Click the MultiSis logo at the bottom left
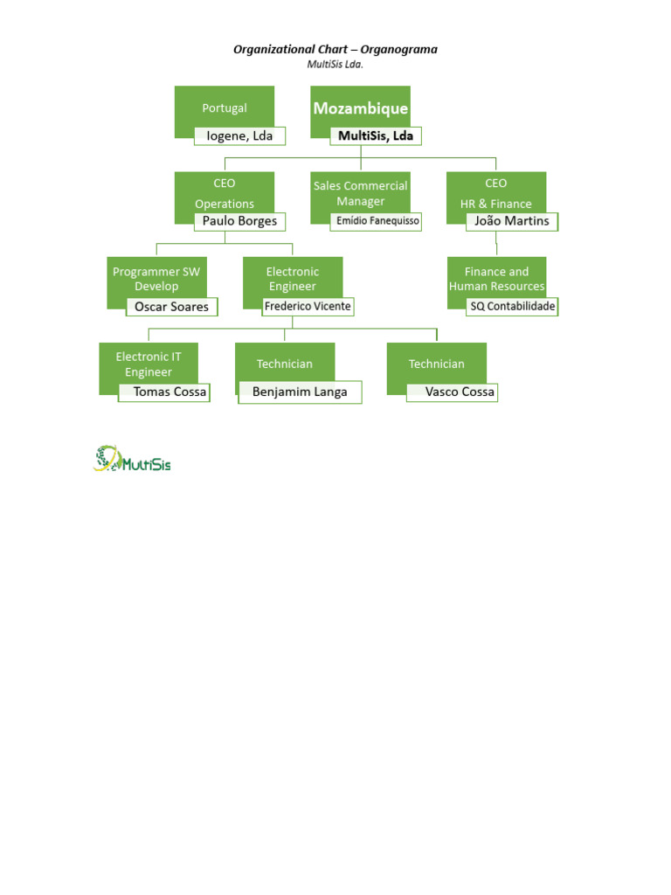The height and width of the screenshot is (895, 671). pyautogui.click(x=132, y=459)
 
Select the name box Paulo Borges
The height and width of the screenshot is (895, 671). pyautogui.click(x=239, y=221)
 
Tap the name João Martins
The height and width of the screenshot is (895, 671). pyautogui.click(x=512, y=221)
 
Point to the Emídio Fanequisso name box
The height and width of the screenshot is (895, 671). pyautogui.click(x=376, y=221)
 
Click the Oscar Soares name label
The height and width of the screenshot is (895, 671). pyautogui.click(x=172, y=307)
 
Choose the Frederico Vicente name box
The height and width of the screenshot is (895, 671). pyautogui.click(x=308, y=307)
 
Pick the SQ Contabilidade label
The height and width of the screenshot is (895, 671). pyautogui.click(x=512, y=307)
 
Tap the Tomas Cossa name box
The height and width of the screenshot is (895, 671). pyautogui.click(x=164, y=392)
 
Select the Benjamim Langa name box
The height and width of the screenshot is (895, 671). pyautogui.click(x=301, y=392)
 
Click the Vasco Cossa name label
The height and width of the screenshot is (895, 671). pyautogui.click(x=452, y=392)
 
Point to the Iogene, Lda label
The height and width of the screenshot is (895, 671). pyautogui.click(x=239, y=135)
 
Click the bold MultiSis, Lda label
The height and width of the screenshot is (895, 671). pyautogui.click(x=376, y=135)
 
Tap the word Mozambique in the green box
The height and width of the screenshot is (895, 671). pyautogui.click(x=361, y=108)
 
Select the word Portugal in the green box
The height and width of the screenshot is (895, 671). pyautogui.click(x=225, y=108)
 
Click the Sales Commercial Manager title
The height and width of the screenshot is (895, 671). pyautogui.click(x=361, y=193)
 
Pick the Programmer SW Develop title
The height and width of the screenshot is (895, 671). pyautogui.click(x=156, y=279)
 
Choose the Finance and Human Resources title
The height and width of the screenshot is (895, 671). pyautogui.click(x=496, y=279)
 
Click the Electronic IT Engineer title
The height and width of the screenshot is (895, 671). pyautogui.click(x=149, y=364)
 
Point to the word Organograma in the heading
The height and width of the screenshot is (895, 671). pyautogui.click(x=398, y=50)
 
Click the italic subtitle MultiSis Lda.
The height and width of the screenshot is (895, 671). pyautogui.click(x=335, y=65)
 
